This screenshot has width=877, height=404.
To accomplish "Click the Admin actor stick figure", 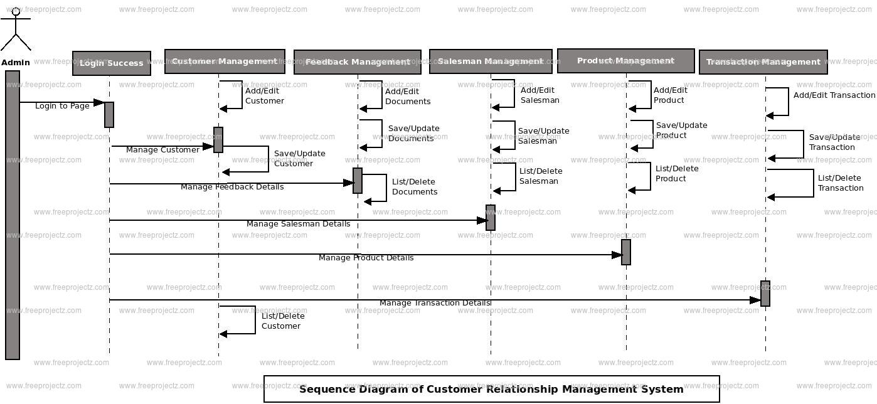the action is coord(16,29).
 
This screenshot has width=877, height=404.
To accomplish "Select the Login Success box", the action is coord(112,63).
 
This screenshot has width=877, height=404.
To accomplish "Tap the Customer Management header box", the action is coord(225,61).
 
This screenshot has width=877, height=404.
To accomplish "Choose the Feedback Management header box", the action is coord(358,62).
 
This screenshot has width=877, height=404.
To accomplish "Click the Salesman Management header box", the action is coord(491,61).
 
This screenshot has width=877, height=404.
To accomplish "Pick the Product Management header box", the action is coord(625,61).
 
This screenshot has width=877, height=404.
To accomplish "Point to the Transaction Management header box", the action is coord(763,62).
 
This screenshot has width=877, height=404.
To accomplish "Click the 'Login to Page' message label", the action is coord(62,105).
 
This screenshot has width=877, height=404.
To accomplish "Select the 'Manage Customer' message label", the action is coord(162,149).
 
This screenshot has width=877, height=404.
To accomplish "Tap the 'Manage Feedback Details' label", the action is coord(232,187).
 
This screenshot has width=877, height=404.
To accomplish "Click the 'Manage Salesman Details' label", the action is coord(299,223).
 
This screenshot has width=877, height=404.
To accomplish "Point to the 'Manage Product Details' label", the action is coord(366,258).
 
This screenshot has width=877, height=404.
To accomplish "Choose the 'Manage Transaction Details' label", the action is coord(435,303).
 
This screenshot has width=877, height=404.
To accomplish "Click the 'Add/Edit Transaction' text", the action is coord(834,95).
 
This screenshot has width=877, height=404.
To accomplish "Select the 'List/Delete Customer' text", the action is coord(283,321).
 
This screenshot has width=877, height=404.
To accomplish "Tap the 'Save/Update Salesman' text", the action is coord(543,136).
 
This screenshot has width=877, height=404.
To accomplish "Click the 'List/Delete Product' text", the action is coord(677,173).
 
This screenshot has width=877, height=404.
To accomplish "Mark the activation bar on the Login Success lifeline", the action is coord(109,115).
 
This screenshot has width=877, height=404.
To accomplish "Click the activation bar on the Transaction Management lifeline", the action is coord(765,294).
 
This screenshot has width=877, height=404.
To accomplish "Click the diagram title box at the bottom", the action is coord(492,389).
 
